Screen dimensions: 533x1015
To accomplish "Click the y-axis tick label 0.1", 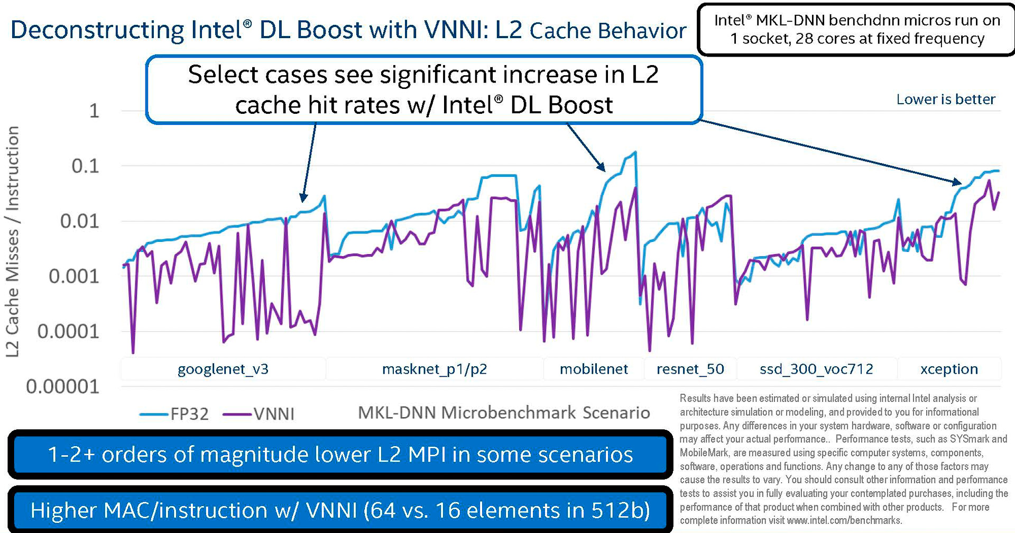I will click(85, 166).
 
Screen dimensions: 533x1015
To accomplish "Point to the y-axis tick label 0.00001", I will click(62, 387).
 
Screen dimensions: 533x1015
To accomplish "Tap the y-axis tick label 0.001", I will click(73, 276).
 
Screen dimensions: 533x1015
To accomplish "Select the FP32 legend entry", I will click(174, 414).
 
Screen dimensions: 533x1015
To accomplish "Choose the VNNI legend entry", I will click(259, 414).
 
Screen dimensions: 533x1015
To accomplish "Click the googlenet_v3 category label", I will click(223, 369).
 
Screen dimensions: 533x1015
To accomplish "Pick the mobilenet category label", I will click(594, 369).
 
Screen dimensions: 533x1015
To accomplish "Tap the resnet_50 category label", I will click(690, 369).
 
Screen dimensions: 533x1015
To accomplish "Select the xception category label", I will click(949, 369).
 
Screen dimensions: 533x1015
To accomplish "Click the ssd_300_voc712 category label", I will click(816, 369).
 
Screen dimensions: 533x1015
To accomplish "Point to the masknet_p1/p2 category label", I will click(435, 369).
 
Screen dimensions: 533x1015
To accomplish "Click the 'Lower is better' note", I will click(946, 100).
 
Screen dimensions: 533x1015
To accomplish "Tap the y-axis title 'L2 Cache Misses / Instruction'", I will click(13, 241).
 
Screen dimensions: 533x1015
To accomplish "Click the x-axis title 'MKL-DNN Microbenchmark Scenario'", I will click(504, 413).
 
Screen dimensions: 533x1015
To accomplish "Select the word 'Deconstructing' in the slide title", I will click(97, 30).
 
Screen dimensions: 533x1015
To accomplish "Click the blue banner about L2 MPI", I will click(340, 455).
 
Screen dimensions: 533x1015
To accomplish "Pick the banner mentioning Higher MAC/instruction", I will click(340, 510).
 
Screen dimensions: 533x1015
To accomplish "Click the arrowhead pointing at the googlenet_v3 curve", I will click(303, 198).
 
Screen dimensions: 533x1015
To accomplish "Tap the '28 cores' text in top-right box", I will click(827, 39).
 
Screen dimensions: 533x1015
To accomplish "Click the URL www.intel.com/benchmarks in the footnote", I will click(844, 520).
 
